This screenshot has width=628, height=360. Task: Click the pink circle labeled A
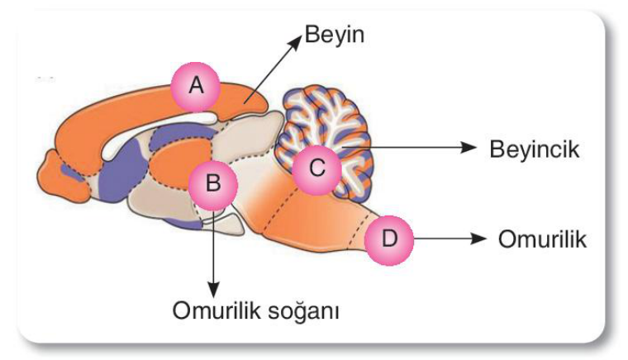point(196,87)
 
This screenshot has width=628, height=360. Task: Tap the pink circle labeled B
point(213,185)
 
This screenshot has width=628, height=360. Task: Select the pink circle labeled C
point(316,169)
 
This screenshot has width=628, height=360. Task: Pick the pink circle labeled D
point(389,240)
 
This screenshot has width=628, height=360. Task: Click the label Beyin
point(335,35)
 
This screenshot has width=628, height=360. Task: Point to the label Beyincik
point(535,149)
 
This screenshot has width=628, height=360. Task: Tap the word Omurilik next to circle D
point(542,239)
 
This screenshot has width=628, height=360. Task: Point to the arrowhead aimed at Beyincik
point(469,147)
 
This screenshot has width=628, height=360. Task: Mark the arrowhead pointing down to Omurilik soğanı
point(213,290)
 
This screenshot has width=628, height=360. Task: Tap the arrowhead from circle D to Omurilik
point(478,239)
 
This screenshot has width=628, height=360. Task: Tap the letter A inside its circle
point(196,86)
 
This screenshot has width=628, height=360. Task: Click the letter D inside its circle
point(389,239)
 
